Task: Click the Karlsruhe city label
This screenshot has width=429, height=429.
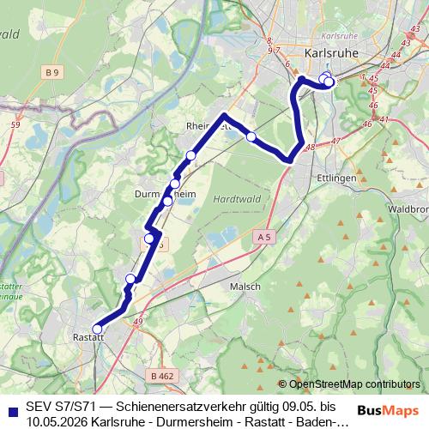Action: [329, 53]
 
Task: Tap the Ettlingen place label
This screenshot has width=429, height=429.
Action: [337, 177]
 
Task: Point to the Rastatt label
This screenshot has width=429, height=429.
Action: [88, 336]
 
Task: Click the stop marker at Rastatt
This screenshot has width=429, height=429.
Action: [97, 329]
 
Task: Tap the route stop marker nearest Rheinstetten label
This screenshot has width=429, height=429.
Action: [190, 154]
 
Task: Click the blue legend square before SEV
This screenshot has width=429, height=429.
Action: [9, 406]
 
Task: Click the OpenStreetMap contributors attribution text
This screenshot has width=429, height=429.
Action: [353, 384]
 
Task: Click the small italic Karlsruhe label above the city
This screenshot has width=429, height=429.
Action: [329, 39]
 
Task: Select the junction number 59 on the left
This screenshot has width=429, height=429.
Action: [15, 125]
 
